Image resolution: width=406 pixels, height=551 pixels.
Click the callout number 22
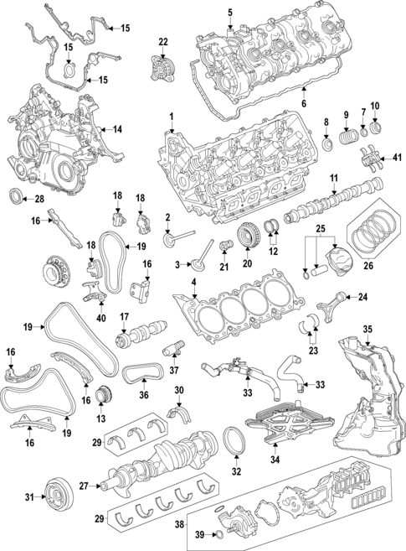pyautogui.click(x=163, y=42)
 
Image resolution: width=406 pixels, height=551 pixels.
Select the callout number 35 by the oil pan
pyautogui.click(x=366, y=328)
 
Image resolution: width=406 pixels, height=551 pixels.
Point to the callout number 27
pyautogui.click(x=84, y=485)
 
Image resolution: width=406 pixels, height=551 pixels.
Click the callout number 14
pyautogui.click(x=118, y=129)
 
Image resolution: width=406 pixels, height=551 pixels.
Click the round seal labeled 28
pyautogui.click(x=16, y=198)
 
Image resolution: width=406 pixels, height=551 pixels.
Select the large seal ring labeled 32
pyautogui.click(x=236, y=443)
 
